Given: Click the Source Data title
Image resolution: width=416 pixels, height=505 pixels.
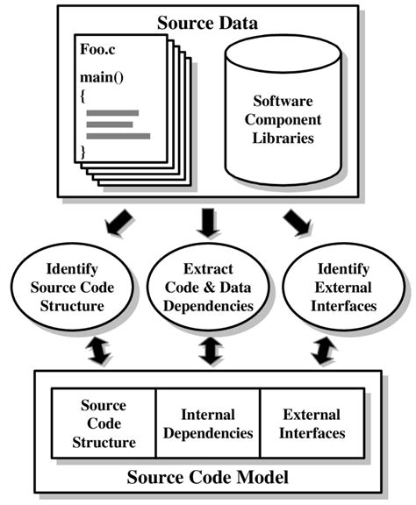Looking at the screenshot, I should click(207, 21).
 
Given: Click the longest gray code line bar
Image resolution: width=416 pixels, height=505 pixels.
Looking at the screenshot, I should click(118, 136).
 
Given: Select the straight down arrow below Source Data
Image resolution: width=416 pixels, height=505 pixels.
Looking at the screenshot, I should click(208, 224).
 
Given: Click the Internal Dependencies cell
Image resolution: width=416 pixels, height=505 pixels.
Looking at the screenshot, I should click(208, 424).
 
